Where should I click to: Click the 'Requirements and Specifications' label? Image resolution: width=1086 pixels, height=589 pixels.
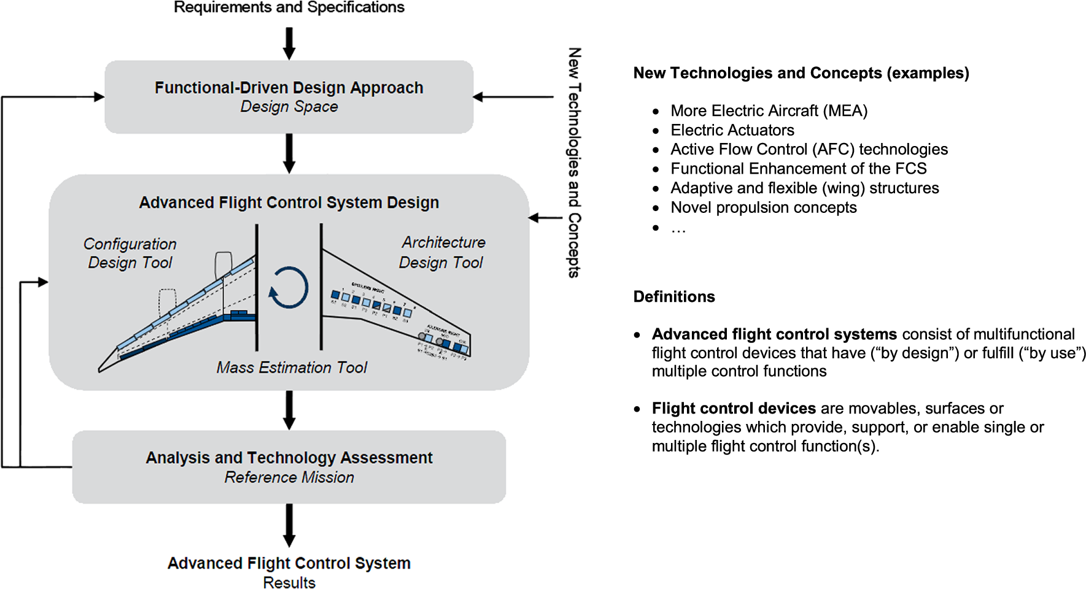point(289,7)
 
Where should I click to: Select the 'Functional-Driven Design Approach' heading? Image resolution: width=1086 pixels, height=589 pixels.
point(289,88)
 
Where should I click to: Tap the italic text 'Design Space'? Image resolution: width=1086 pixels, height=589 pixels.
point(289,107)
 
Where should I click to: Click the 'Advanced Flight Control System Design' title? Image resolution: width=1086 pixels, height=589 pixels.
point(289,202)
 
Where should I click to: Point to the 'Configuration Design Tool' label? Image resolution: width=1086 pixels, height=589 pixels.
point(130,253)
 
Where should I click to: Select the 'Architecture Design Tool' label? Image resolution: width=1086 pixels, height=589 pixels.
point(442,252)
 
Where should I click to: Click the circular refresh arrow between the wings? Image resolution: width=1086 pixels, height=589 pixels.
point(289,287)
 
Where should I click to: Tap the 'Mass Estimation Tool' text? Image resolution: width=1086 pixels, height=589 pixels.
point(292,368)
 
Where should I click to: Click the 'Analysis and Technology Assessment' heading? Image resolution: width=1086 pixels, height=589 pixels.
point(289,458)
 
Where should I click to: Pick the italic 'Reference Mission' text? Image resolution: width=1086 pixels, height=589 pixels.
point(289,477)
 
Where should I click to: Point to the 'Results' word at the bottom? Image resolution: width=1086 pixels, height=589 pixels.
point(289,582)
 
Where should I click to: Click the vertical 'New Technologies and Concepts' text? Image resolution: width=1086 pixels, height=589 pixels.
point(574,163)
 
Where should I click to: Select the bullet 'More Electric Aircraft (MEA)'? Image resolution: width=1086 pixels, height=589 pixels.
point(769,111)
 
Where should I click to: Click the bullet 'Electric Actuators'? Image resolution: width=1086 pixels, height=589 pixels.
point(732,130)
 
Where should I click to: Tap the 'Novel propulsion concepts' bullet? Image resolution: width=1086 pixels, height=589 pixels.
point(763,207)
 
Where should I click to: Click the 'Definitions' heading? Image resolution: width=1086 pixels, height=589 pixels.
point(674,297)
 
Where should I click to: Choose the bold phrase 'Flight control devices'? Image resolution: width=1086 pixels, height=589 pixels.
point(734,409)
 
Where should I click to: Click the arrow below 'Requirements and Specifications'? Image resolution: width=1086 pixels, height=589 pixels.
point(289,44)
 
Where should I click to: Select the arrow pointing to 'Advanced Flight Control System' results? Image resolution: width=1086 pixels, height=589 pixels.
point(289,525)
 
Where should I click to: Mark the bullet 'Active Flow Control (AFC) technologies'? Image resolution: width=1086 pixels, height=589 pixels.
point(809,150)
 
